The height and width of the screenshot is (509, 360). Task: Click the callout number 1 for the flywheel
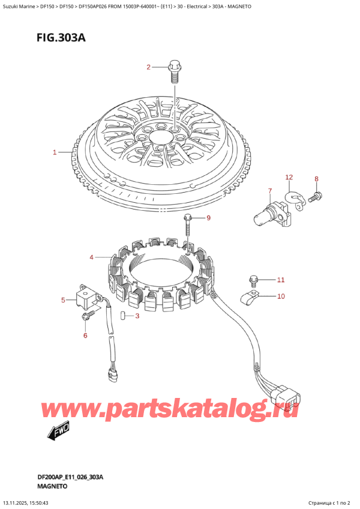point(55,152)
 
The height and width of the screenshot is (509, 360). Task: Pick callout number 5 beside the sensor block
point(85,335)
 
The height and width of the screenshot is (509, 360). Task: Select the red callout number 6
point(270,191)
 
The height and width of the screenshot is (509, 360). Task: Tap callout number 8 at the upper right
point(209,218)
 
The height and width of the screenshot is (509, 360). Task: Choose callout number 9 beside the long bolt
point(281,296)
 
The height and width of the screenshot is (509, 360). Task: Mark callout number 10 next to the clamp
point(281,280)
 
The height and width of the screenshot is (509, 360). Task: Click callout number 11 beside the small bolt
point(289,177)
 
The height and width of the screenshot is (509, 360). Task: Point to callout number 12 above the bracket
point(289,177)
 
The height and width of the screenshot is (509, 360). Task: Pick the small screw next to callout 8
point(316,195)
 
